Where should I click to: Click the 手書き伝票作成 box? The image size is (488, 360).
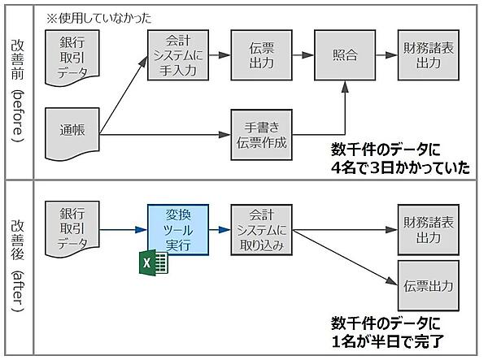(260, 132)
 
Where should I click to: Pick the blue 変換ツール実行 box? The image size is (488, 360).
(178, 230)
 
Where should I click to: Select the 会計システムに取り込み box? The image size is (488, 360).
(260, 230)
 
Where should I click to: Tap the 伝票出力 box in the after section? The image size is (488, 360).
(425, 286)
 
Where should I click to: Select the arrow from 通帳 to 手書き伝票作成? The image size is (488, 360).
(163, 133)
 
